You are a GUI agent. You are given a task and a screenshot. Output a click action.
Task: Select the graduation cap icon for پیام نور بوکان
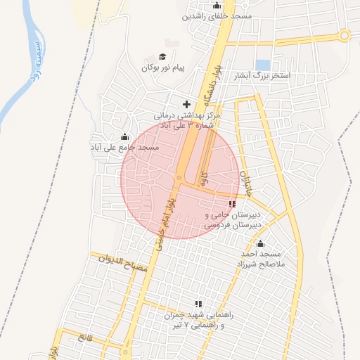pos(162,57)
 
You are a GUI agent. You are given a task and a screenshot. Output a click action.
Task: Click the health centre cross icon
pos(186,104)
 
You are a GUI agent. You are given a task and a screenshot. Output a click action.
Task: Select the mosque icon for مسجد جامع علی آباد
pos(125,136)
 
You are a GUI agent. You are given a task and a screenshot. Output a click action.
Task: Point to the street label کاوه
pos(205,179)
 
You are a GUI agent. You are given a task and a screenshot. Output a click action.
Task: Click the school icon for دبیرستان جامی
pos(232,203)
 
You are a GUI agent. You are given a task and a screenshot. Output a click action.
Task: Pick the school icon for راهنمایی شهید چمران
pos(198,304)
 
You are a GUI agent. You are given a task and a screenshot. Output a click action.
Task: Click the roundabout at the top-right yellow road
pos(344,34)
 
